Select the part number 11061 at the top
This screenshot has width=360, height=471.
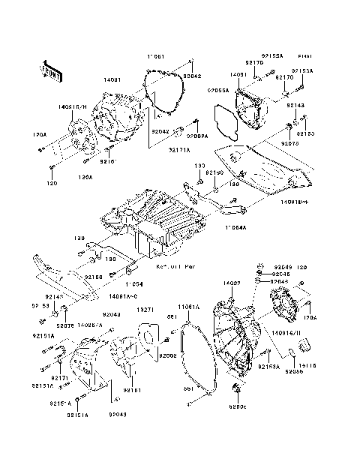(x=155, y=56)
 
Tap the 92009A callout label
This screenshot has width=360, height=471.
(x=197, y=137)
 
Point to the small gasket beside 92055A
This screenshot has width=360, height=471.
(x=224, y=121)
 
